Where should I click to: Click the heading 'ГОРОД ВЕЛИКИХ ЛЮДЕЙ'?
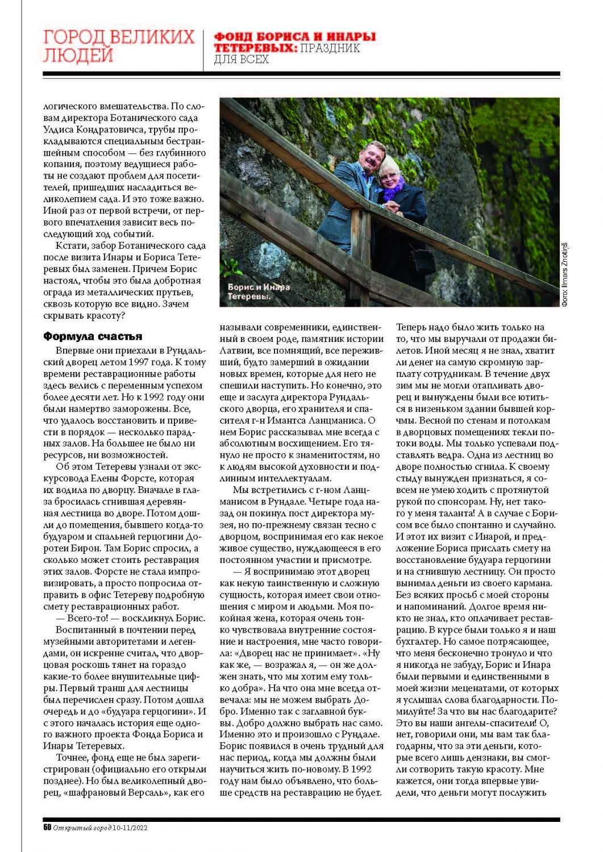pos(119,46)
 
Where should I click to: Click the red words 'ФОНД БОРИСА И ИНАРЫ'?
pos(294,37)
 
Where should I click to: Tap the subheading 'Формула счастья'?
pos(93,336)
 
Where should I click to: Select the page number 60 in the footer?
pos(47,828)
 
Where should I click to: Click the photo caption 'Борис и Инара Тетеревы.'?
pos(259,291)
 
